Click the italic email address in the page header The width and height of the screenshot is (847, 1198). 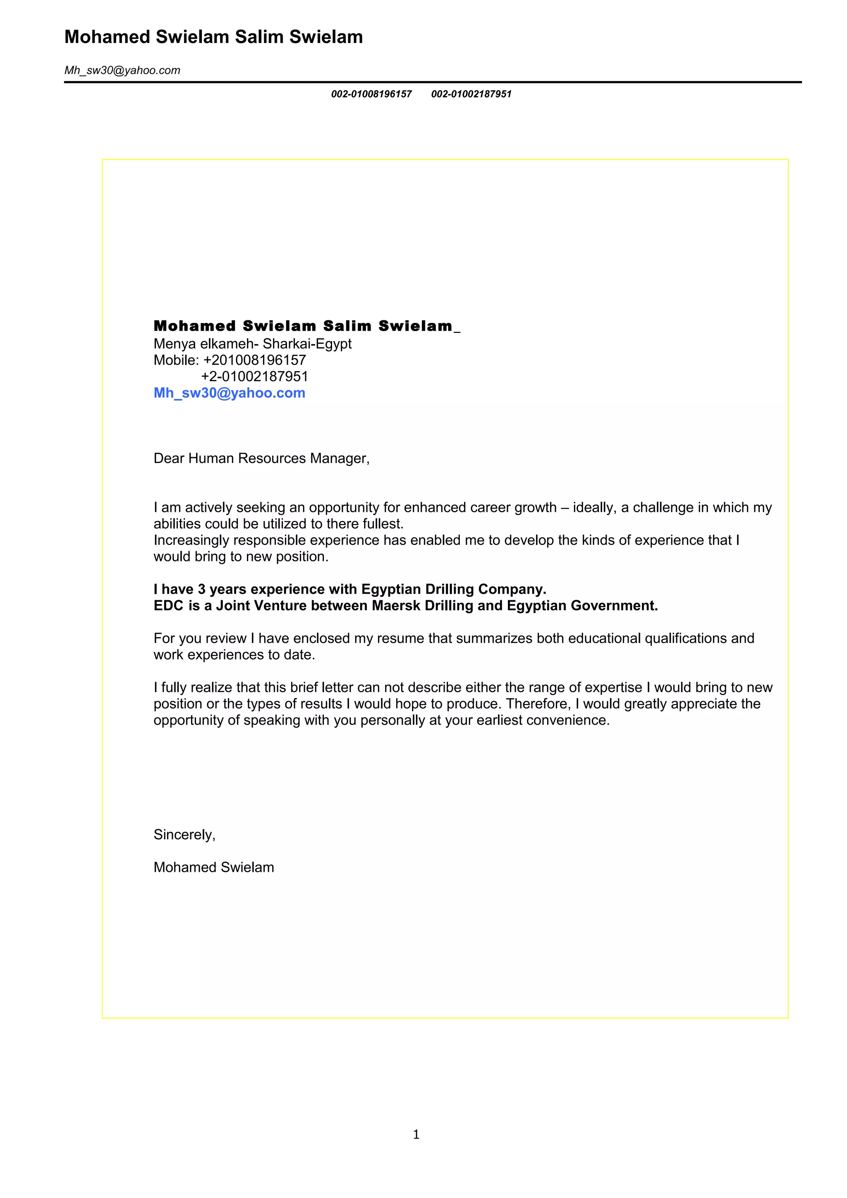coord(122,70)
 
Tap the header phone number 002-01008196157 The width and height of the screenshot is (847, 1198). coord(371,94)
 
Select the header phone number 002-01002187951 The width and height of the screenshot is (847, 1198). coord(471,94)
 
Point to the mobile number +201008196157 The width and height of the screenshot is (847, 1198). coord(255,360)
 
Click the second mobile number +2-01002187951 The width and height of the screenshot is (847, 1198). coord(255,376)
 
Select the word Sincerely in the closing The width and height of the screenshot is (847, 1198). coord(183,835)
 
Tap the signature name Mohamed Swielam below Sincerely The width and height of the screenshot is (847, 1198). coord(213,867)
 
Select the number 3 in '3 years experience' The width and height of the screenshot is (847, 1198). coord(201,589)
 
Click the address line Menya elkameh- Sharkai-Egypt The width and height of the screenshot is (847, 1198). coord(253,344)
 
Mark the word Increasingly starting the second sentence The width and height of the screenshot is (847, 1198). coord(191,541)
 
